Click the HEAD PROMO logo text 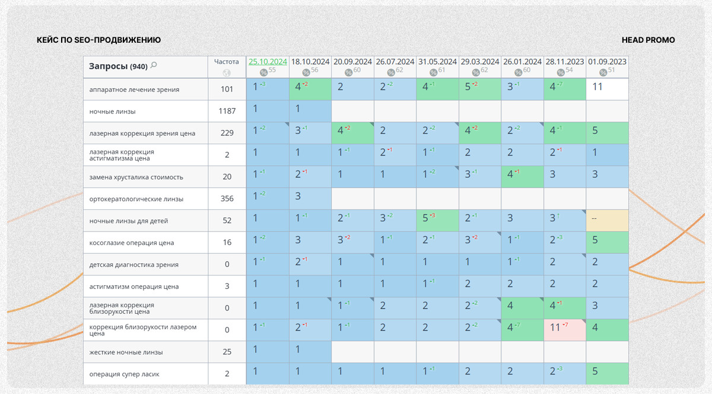pos(648,40)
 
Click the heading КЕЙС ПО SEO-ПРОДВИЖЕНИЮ pos(98,40)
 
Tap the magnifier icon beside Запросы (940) pos(154,65)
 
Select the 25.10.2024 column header pos(268,62)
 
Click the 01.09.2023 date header pos(607,62)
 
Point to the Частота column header pos(227,61)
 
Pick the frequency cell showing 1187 pos(227,112)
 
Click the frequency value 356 pos(227,199)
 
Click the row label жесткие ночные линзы pos(126,352)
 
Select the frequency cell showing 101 pos(227,90)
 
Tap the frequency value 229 pos(227,134)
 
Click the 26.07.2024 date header pos(395,62)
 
